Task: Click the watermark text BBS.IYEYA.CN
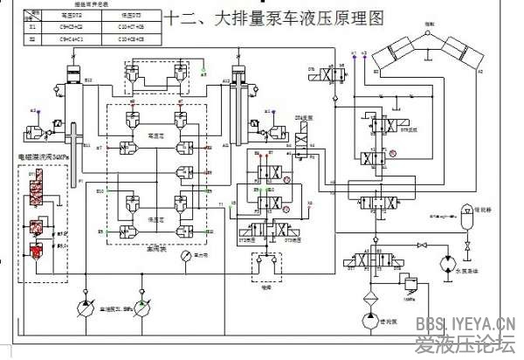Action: (470, 324)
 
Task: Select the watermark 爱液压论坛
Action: (470, 343)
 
